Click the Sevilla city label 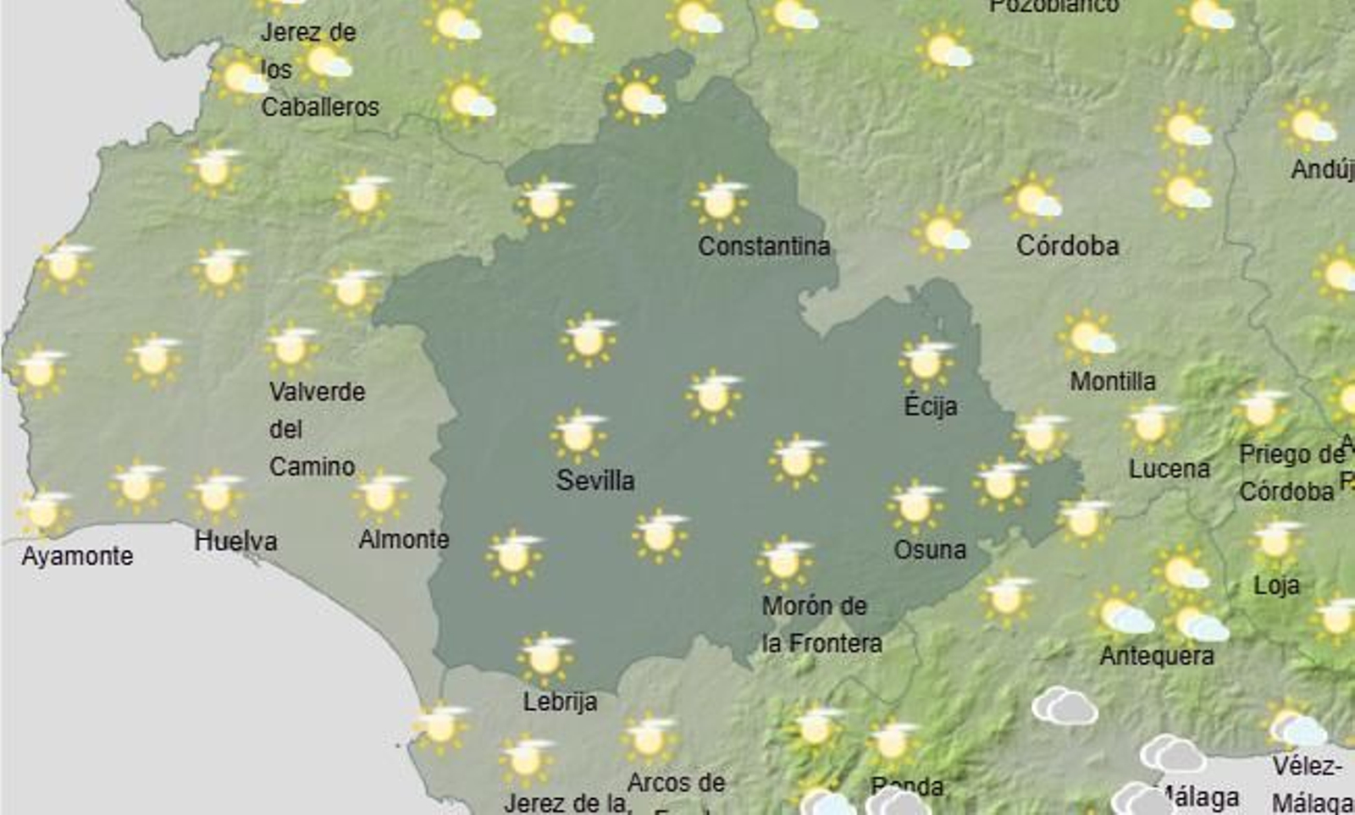point(595,481)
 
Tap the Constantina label point(763,246)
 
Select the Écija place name point(930,406)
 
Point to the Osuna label point(930,550)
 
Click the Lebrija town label point(560,702)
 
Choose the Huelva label point(235,541)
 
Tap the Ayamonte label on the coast point(77,556)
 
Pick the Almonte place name point(404,539)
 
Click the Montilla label point(1112,382)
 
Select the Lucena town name point(1169,469)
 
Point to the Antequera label point(1156,656)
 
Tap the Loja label point(1276,585)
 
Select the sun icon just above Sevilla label point(578,435)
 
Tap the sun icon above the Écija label point(925,362)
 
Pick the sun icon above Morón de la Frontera point(784,561)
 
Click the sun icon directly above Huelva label point(216,495)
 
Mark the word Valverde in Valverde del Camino point(317,392)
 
